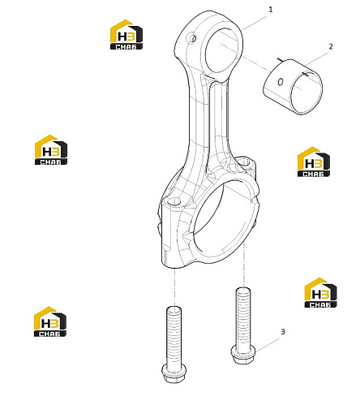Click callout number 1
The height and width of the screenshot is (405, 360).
[271, 10]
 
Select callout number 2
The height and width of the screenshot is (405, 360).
[331, 46]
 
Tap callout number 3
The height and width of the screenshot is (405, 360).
[283, 331]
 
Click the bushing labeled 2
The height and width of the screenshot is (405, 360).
[293, 87]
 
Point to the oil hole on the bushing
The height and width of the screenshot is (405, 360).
[281, 81]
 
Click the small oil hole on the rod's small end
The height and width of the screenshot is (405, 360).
[193, 38]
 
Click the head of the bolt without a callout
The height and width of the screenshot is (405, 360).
[174, 373]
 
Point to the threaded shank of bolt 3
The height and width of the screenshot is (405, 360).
[243, 317]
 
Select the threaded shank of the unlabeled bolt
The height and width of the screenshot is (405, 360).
[174, 335]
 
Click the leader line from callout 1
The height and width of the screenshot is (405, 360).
[254, 23]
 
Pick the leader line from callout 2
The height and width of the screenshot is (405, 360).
[316, 59]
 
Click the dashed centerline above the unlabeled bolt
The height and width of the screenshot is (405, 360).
[175, 287]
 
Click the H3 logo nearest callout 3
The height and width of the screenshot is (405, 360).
[320, 293]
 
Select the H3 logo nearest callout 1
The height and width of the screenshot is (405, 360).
[126, 35]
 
